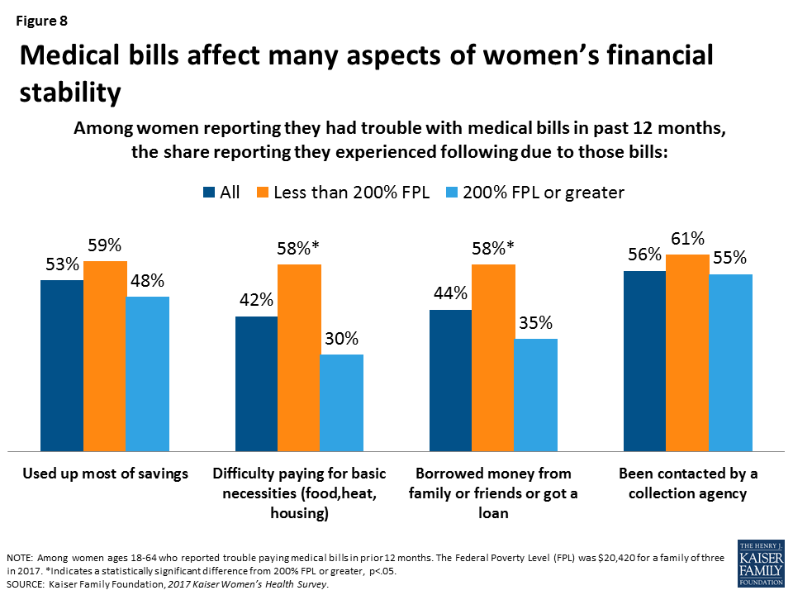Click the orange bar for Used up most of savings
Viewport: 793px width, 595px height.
(105, 355)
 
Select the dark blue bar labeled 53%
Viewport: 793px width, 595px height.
(62, 365)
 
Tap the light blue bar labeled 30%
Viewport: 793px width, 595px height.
(341, 402)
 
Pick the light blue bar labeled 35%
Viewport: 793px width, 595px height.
(535, 394)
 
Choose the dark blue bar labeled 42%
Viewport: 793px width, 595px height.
(256, 383)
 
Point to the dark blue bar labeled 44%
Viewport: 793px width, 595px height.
(450, 380)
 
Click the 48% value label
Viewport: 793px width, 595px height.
(147, 281)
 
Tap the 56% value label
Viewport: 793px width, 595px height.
(643, 255)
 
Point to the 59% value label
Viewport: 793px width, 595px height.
(105, 245)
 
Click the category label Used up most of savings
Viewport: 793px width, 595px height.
(105, 474)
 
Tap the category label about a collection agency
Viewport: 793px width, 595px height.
(687, 483)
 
